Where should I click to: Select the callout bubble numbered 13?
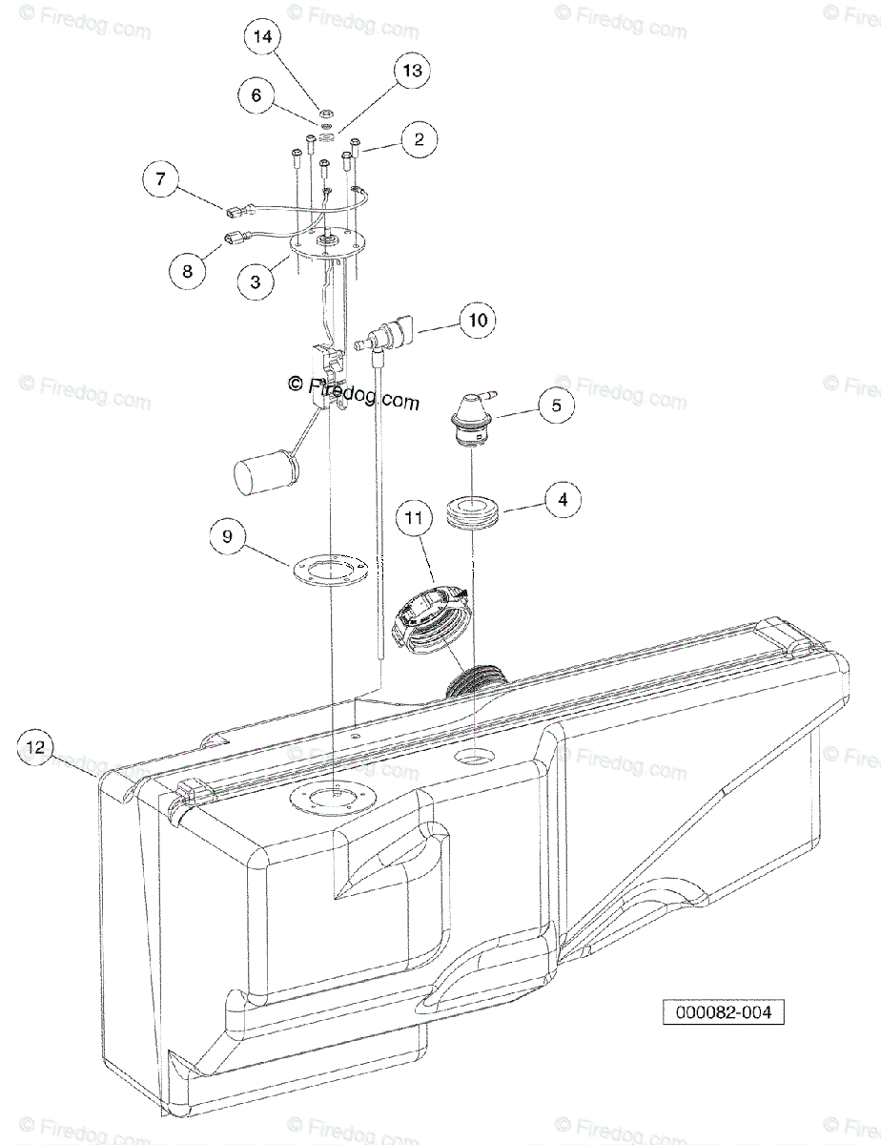coord(411,71)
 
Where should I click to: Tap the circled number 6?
coord(256,95)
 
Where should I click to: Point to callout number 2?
coord(418,139)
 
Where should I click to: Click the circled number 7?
coord(161,178)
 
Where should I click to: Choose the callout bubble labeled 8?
coord(187,271)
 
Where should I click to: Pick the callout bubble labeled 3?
coord(256,283)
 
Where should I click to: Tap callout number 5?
coord(556,405)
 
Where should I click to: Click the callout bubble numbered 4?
coord(563,499)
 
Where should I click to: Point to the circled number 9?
coord(227,537)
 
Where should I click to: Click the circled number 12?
coord(35,747)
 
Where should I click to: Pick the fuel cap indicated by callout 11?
coord(429,620)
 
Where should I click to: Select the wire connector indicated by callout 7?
coord(232,211)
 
